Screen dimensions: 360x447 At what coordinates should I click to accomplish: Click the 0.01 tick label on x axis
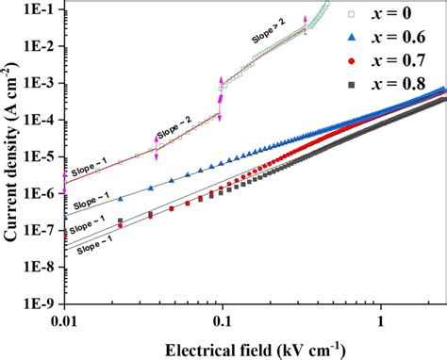[63, 320]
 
